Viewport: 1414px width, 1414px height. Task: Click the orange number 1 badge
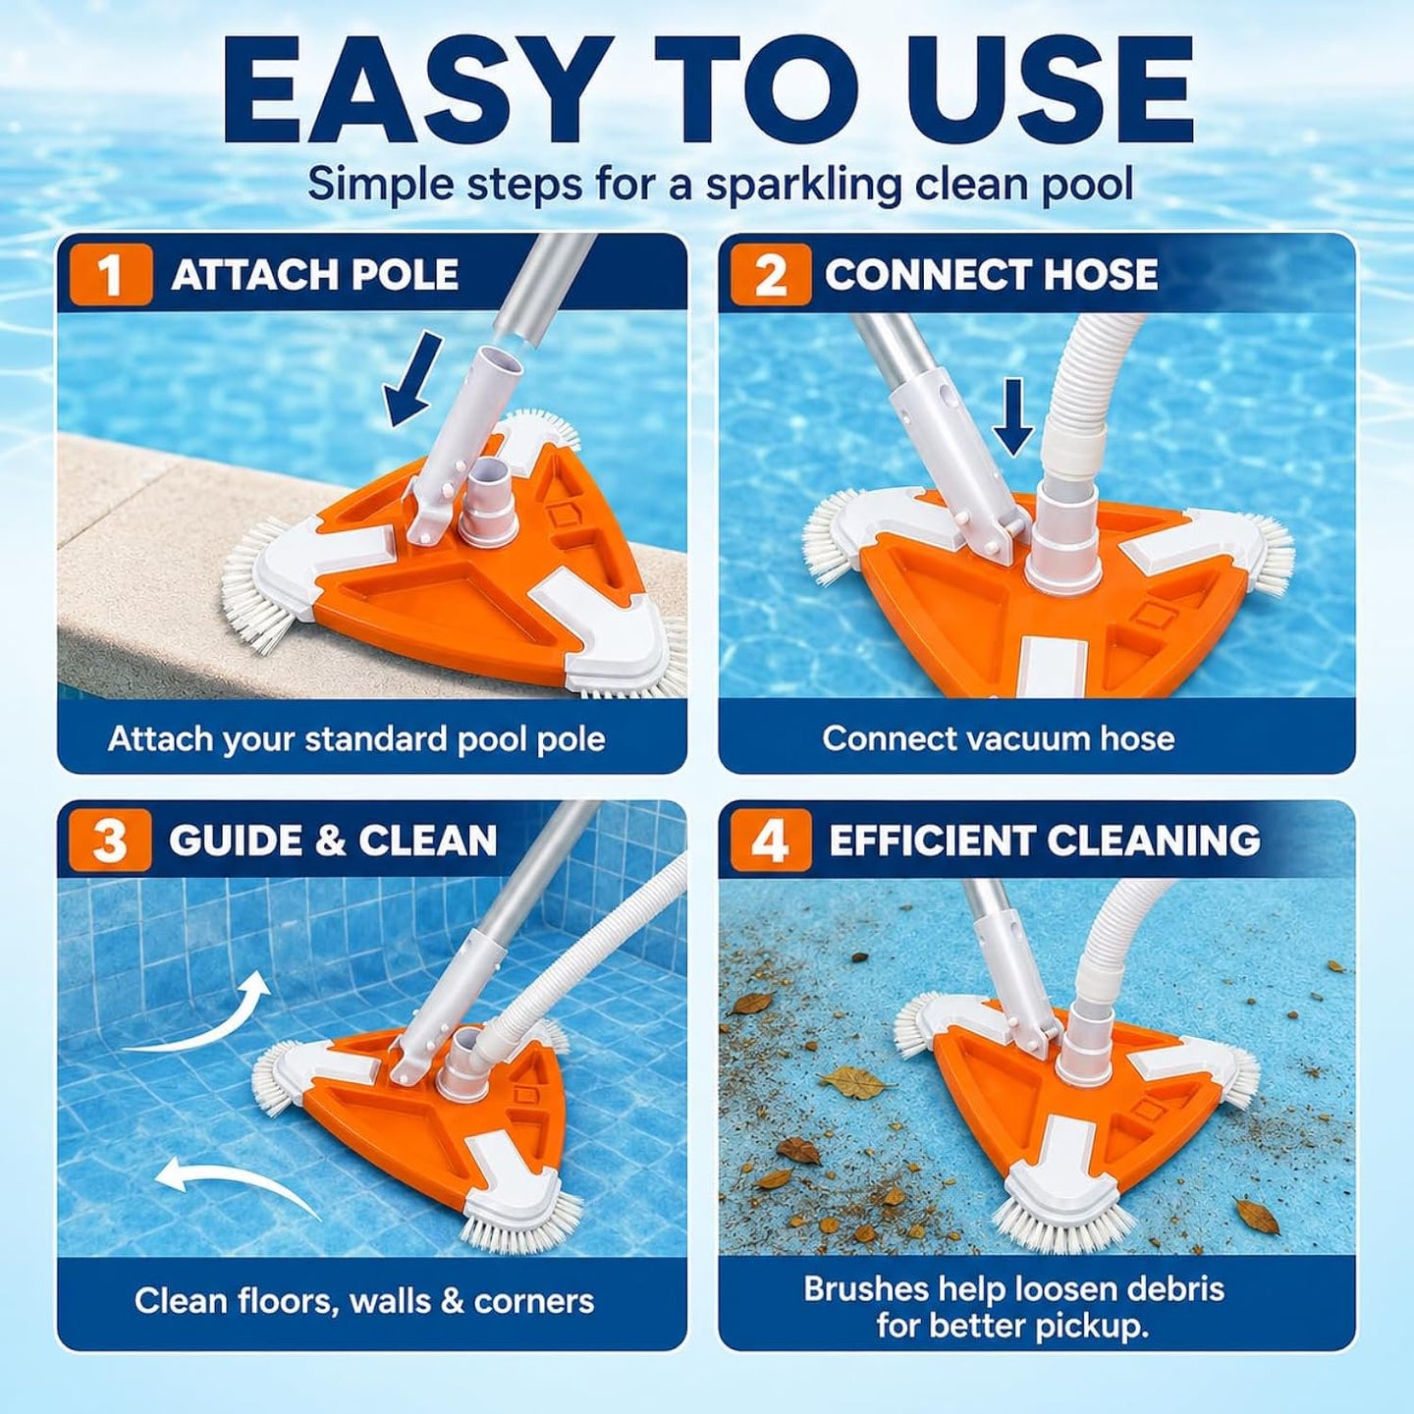tap(111, 274)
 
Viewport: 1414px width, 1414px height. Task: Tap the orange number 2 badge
tap(770, 274)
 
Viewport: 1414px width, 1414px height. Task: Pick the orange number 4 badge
tap(770, 841)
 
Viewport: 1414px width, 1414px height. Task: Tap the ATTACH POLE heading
tap(315, 274)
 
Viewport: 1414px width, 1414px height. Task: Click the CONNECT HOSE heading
tap(992, 274)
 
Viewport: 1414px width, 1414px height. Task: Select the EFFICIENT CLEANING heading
tap(1044, 841)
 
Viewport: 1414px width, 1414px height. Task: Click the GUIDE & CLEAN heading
tap(333, 841)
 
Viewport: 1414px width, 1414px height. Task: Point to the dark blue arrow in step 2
tap(1012, 416)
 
